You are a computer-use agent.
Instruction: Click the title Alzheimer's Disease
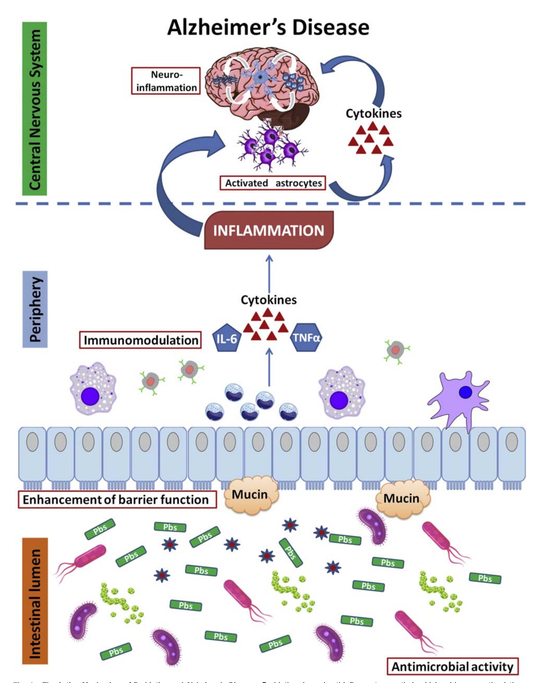coord(268,28)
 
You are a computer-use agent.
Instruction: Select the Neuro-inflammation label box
coord(166,81)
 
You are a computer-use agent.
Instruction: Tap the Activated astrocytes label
coord(273,183)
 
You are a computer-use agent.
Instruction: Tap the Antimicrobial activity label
coord(452,666)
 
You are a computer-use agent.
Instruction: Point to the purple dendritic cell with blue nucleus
coord(458,397)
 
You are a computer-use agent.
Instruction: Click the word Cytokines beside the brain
coord(373,114)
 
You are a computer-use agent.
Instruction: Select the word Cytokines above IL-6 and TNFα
coord(268,300)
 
